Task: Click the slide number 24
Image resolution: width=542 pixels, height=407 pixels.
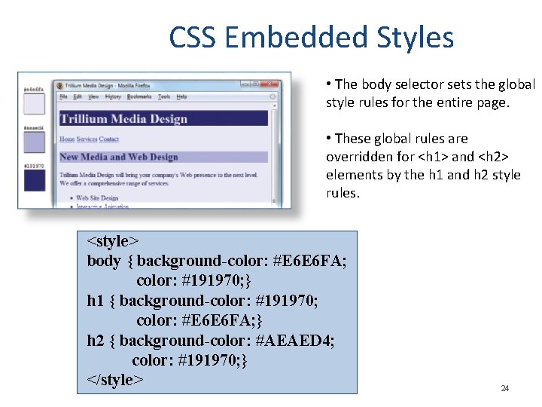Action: coord(504,389)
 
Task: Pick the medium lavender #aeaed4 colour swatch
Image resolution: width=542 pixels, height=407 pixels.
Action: coord(34,142)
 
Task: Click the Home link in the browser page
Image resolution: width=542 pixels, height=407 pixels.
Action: coord(67,139)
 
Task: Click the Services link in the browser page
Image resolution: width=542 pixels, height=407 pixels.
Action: coord(87,139)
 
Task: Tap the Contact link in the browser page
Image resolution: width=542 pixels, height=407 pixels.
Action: coord(109,139)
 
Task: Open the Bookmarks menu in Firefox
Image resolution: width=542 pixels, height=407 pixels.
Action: coord(139,96)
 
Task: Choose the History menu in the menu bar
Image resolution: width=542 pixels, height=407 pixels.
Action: coord(113,96)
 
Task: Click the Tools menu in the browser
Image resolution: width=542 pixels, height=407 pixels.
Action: coord(163,96)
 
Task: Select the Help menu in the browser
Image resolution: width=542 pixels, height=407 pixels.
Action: coord(181,96)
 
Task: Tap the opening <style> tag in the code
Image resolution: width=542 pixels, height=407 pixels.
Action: coord(113,241)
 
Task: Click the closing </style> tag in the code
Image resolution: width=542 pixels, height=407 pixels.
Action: coord(115,379)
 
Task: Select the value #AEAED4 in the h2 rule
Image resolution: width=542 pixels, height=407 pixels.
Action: coord(295,340)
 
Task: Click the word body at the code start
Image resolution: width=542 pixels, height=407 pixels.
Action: coord(103,261)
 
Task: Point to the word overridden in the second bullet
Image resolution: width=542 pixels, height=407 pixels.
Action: coord(358,157)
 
